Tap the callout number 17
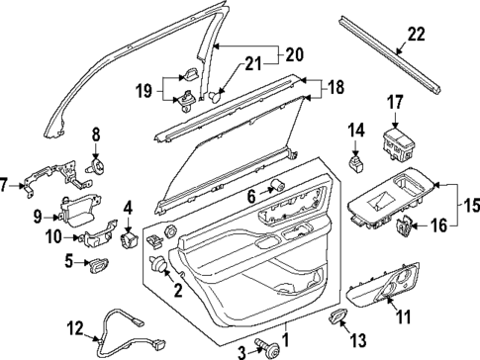coord(395,101)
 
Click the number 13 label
coord(359,337)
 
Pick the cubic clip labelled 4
coord(130,238)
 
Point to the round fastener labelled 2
coord(156,264)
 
